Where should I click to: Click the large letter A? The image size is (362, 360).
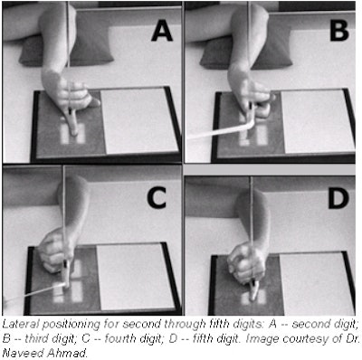(162, 32)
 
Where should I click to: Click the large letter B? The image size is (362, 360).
(339, 31)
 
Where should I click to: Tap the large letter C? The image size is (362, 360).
(157, 198)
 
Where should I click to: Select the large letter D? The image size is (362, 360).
(338, 198)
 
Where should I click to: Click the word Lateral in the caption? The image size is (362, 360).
(21, 324)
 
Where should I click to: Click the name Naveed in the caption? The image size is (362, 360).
(21, 353)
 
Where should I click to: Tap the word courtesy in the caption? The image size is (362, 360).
(304, 338)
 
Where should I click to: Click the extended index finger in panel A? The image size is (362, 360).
(71, 122)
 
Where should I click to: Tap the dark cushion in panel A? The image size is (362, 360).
(66, 52)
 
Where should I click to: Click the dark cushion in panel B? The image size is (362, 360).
(246, 52)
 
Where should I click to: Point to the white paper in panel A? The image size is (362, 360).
(138, 120)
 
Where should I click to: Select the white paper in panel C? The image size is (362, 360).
(135, 277)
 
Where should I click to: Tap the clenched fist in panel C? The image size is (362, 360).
(56, 251)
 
